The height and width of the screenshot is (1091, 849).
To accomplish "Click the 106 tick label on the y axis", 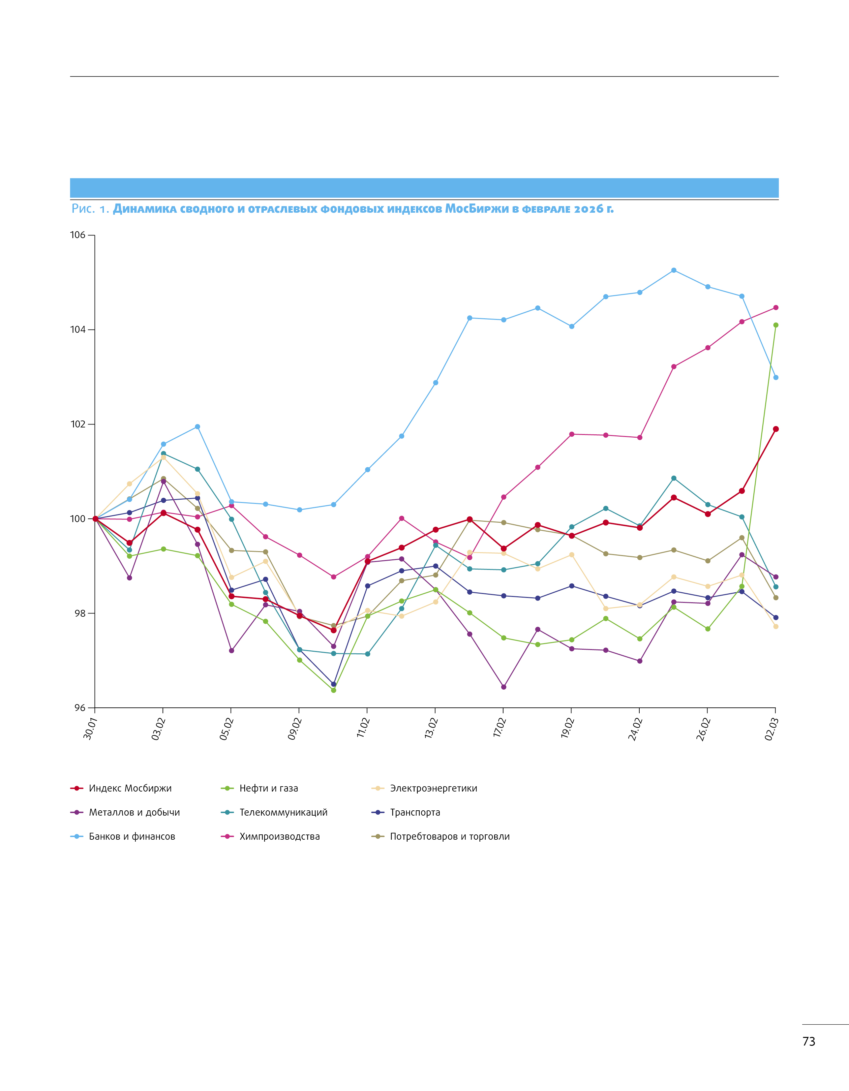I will click(77, 235).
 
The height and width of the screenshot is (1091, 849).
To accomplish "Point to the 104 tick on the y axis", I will click(77, 330).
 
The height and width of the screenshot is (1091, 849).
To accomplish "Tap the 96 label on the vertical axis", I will click(80, 708).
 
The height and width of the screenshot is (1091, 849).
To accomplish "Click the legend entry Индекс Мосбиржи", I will click(130, 788).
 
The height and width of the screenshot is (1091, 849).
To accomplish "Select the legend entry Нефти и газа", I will click(268, 788).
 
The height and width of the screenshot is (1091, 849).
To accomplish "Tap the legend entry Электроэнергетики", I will click(433, 788).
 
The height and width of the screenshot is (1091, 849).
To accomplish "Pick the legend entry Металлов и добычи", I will click(134, 812).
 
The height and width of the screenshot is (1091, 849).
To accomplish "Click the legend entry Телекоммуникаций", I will click(283, 812).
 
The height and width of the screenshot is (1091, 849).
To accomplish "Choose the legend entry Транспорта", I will click(414, 812).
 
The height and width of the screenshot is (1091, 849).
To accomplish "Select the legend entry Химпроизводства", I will click(279, 836).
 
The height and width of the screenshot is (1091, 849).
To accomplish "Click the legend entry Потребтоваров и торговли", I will click(449, 836).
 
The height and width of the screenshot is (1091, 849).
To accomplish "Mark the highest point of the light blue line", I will click(674, 270).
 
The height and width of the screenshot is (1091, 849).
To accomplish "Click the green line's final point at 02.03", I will click(775, 325).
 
